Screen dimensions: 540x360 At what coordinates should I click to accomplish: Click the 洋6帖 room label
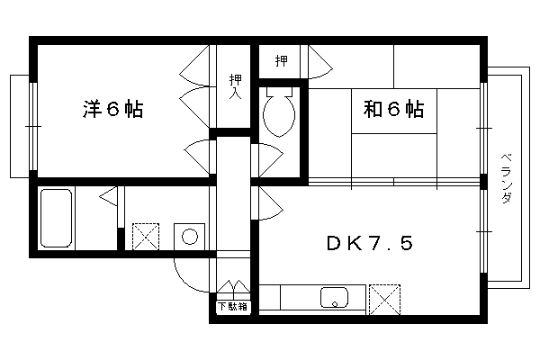(112, 109)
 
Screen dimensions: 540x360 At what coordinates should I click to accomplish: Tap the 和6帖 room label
(393, 109)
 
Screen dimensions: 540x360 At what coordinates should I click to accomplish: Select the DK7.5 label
(370, 243)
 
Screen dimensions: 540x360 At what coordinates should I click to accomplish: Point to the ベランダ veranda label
(506, 178)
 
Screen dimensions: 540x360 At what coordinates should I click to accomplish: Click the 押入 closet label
(236, 86)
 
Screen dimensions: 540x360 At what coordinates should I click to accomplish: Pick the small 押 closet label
(282, 61)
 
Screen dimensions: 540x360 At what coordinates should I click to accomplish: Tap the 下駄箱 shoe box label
(233, 306)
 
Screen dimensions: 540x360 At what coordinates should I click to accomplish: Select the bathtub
(56, 218)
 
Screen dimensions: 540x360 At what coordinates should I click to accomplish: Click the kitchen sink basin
(334, 298)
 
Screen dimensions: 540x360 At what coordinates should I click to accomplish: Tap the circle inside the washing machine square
(190, 237)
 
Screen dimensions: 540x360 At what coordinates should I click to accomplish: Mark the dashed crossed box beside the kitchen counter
(384, 300)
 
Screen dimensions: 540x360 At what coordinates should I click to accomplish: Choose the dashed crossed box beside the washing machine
(146, 237)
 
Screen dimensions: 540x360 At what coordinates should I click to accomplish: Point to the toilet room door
(271, 160)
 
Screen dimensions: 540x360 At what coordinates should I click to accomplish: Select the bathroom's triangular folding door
(109, 197)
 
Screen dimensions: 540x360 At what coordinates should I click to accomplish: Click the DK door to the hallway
(271, 203)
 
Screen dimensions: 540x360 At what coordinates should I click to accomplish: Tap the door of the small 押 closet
(320, 62)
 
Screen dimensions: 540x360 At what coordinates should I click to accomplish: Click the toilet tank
(279, 92)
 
